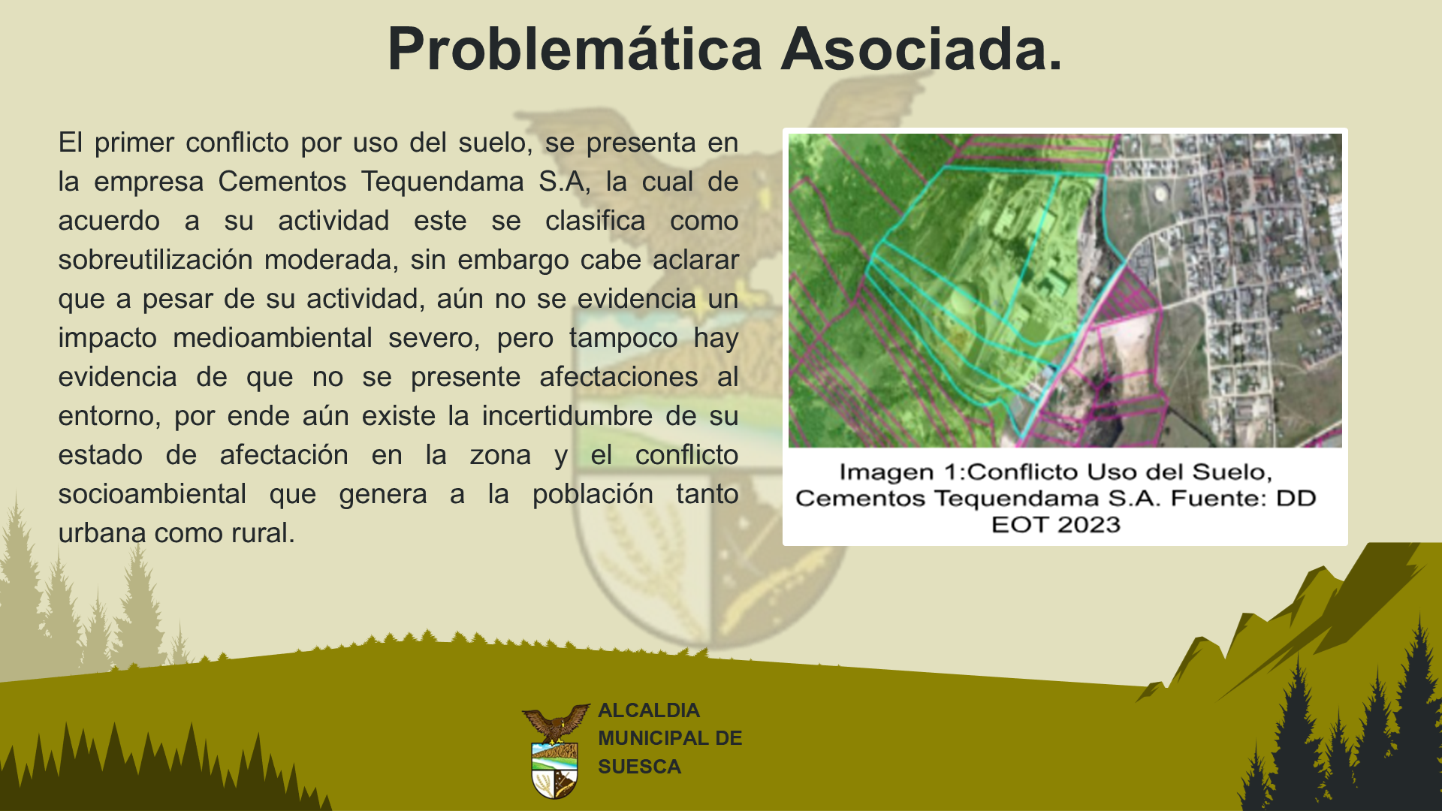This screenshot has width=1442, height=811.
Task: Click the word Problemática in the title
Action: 575,50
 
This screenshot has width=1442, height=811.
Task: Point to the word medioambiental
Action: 272,338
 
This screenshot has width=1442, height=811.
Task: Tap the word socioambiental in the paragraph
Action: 152,494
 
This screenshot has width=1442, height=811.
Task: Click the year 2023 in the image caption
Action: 1089,524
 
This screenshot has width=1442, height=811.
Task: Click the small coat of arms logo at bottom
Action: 555,751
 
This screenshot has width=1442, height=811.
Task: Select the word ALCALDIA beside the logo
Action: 649,710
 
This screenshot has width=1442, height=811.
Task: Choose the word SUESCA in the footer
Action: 640,767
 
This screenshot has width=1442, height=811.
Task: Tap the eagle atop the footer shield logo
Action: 556,722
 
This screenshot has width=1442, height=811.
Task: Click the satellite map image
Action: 1065,291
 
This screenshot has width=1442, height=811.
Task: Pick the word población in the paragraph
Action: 593,494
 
